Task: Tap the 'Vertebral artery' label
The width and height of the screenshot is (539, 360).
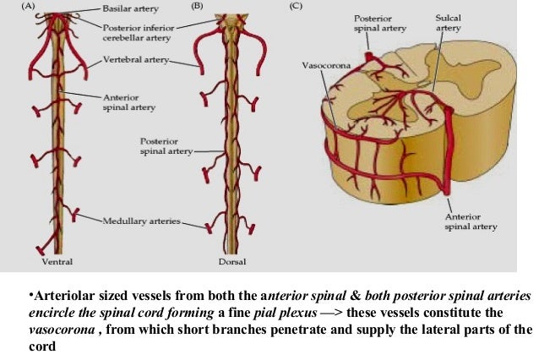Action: (137, 60)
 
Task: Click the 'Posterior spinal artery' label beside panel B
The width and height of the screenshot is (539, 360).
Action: (161, 145)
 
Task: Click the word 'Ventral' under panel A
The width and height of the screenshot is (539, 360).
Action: (57, 263)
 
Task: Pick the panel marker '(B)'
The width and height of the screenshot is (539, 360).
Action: (199, 6)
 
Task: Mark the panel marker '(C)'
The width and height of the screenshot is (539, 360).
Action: (296, 6)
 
